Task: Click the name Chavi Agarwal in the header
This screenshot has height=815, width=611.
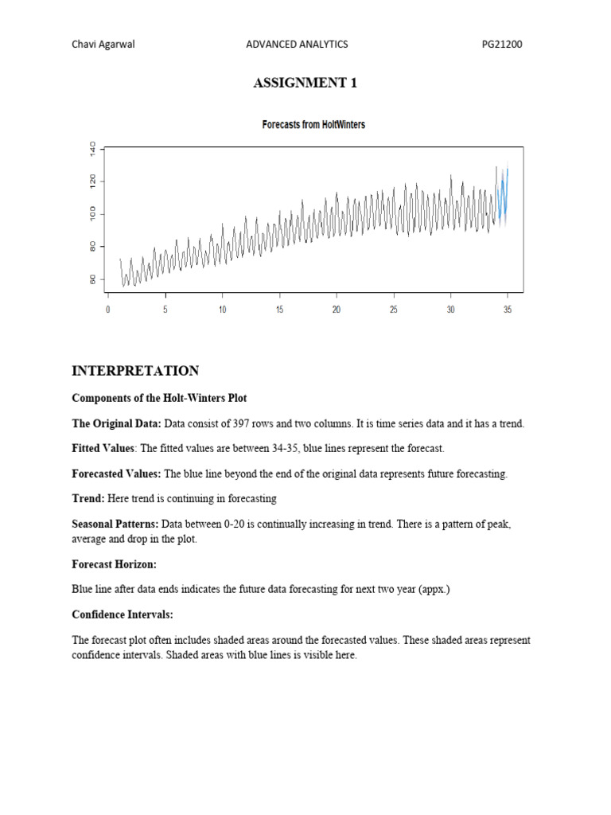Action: pos(103,45)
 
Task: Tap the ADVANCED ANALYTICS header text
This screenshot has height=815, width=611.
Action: pos(297,45)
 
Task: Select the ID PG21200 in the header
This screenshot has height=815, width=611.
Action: pos(502,45)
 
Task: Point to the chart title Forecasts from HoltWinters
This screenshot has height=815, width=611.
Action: pos(313,125)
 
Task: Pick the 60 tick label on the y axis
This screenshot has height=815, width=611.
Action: pos(93,279)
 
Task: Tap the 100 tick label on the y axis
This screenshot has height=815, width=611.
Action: pos(93,213)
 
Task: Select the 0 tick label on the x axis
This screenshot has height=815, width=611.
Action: pos(108,310)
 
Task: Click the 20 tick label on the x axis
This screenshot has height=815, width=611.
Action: pos(337,310)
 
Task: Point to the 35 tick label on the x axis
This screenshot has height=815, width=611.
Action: pos(508,310)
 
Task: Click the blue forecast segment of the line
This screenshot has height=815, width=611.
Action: pos(502,199)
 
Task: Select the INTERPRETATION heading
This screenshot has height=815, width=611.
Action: pos(135,371)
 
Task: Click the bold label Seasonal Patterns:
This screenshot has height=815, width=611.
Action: pos(115,524)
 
